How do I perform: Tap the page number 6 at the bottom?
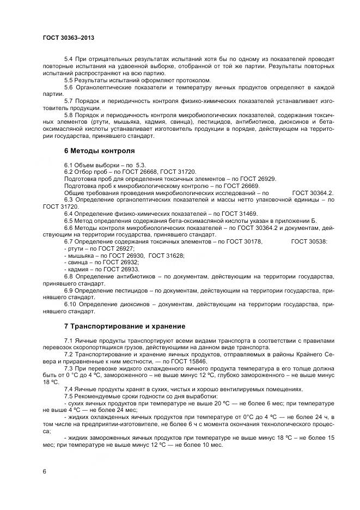tap(44, 471)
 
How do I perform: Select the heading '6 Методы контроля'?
tap(99, 150)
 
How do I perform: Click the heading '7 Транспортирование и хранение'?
tap(125, 326)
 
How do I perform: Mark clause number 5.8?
tap(69, 116)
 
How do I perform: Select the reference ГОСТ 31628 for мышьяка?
tap(166, 255)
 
